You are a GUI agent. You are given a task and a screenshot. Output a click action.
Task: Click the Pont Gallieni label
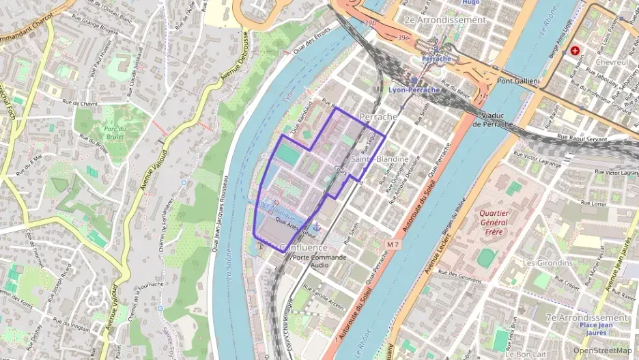point(518,82)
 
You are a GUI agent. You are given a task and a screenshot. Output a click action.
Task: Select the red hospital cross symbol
point(575,51)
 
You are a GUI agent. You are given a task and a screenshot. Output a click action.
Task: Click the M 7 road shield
point(392,244)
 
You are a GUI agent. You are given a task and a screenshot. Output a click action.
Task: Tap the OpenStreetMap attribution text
point(603,350)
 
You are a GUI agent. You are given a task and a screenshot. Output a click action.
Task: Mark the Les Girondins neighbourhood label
point(547,263)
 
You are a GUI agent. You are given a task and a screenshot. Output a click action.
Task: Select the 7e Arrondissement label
point(586,318)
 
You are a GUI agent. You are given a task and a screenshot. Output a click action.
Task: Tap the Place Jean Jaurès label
point(603,329)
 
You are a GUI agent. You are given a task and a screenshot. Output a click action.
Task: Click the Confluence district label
point(304,247)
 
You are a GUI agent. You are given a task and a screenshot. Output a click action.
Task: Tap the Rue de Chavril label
point(79,103)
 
